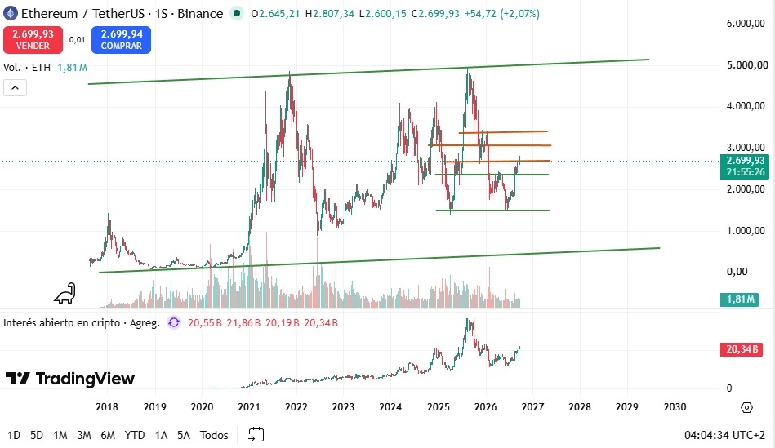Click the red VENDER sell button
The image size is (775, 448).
(33, 39)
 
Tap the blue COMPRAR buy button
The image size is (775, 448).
(121, 39)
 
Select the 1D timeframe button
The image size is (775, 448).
(14, 435)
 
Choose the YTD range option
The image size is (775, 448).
(135, 435)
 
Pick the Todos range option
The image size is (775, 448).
(214, 435)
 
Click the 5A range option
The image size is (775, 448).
(184, 435)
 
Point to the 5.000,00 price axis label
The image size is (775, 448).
(747, 64)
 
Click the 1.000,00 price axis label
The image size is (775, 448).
(747, 230)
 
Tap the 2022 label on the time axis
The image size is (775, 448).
(296, 407)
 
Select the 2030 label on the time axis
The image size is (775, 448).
(675, 407)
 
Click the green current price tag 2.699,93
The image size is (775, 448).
(744, 166)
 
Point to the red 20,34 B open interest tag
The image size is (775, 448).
(742, 349)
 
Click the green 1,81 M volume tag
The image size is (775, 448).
(739, 299)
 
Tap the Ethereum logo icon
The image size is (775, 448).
(11, 13)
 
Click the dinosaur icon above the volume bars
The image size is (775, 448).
(65, 294)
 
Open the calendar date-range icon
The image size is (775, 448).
(256, 435)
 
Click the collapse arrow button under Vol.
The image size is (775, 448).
(15, 88)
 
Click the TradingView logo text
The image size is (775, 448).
(70, 379)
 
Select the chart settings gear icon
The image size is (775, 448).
(747, 407)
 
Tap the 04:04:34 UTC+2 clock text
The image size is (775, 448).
(724, 435)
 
